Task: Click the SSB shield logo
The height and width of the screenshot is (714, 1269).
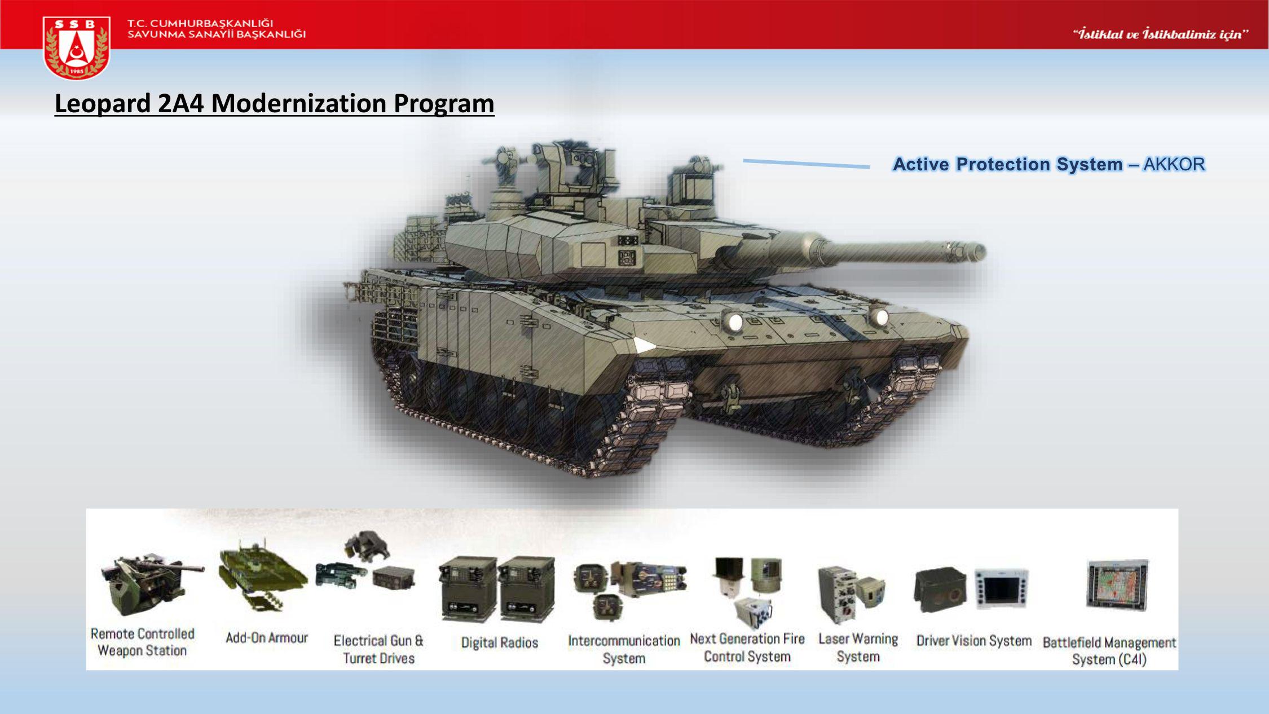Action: point(76,47)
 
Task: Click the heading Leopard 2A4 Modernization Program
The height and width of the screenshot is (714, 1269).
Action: point(275,103)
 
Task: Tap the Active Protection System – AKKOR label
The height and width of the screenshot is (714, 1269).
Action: point(1049,164)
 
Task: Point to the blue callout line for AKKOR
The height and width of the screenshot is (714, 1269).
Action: point(807,164)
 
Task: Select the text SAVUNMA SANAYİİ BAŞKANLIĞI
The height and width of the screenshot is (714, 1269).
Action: point(217,34)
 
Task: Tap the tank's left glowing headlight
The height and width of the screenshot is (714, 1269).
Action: point(735,322)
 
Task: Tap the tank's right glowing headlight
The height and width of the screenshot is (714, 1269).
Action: point(880,318)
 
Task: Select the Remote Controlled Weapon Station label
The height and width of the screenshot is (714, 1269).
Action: point(143,642)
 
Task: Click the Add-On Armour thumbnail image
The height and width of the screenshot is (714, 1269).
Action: point(263,575)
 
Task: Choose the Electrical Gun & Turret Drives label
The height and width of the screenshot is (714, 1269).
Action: point(378,649)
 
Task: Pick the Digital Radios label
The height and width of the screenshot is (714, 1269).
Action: point(500,642)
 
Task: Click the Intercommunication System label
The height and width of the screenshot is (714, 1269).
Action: point(624,649)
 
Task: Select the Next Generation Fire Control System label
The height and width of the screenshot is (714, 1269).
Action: point(747,647)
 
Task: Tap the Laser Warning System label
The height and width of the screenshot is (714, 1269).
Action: point(858,647)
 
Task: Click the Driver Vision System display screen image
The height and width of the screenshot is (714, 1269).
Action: point(1002,588)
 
